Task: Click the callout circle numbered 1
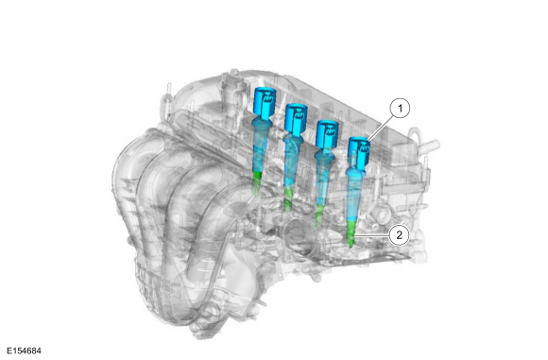[x=400, y=109]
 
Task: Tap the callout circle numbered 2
[x=399, y=235]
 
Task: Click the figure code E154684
[x=24, y=351]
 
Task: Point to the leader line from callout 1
[x=381, y=129]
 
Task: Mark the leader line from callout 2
[x=372, y=235]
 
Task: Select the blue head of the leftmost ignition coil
[x=264, y=101]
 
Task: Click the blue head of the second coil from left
[x=296, y=119]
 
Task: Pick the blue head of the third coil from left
[x=327, y=134]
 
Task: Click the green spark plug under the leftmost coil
[x=257, y=181]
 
